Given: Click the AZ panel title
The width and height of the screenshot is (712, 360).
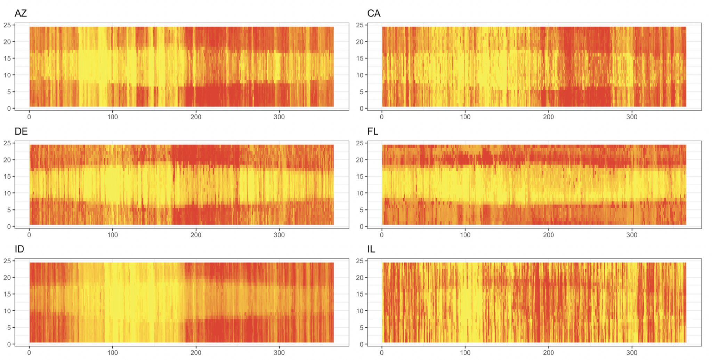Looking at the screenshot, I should point(21,13).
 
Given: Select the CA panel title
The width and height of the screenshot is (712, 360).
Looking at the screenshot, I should point(374,13).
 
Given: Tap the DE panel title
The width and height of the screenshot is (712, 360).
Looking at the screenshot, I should point(21,131).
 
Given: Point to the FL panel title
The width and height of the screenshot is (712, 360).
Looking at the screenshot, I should point(373,131).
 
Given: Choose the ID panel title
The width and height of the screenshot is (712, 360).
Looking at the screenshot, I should point(19,249).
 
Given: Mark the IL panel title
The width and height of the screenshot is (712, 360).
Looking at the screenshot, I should point(371,249).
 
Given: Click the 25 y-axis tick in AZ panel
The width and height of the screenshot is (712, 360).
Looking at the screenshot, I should point(7,25).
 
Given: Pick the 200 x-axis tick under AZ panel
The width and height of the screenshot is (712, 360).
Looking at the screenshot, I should point(196,117).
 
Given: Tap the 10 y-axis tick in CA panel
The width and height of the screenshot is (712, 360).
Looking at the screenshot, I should point(359,75).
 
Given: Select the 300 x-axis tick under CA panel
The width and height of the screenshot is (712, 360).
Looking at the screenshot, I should point(632,117).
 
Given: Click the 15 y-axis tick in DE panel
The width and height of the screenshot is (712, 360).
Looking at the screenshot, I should point(7,176).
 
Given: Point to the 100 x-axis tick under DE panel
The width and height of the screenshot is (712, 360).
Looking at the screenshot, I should point(112,235).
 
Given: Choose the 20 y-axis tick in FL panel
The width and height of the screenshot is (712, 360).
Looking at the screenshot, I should point(359,160).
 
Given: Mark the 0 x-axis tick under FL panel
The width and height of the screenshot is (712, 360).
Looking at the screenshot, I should point(382,235).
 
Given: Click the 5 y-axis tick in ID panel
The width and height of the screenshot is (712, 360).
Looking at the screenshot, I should point(9,328).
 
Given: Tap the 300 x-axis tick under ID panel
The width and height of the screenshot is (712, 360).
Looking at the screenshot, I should point(279,352).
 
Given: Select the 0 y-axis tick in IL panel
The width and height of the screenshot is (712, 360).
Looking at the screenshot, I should point(361,344).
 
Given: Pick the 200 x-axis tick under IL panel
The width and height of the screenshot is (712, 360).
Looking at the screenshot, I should point(548,352).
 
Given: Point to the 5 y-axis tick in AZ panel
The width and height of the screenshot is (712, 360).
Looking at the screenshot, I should point(9,92).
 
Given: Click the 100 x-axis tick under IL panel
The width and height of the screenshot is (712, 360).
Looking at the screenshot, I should point(465,352).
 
